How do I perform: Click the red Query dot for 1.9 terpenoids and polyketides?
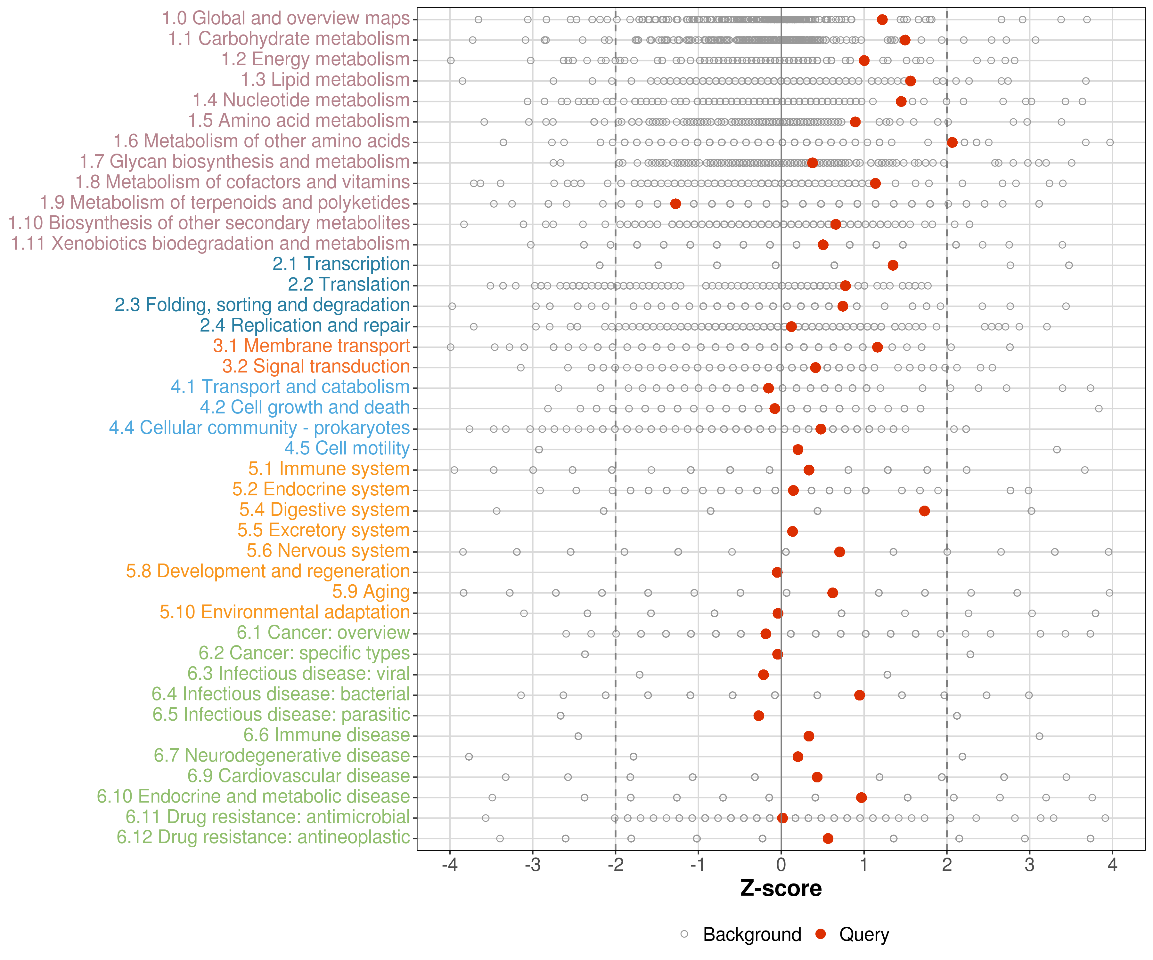(675, 204)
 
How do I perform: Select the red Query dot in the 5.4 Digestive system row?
(924, 511)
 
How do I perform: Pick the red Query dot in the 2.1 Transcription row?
(893, 265)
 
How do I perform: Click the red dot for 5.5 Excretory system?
(792, 531)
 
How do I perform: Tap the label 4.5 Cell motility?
(347, 448)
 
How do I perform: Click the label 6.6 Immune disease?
(327, 735)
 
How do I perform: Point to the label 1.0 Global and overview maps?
(285, 19)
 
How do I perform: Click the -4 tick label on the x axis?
(450, 865)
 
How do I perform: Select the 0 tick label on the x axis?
(781, 865)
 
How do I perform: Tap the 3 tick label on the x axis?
(1029, 865)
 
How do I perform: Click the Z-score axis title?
(781, 888)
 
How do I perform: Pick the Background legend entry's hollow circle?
(684, 934)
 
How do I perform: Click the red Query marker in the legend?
(821, 934)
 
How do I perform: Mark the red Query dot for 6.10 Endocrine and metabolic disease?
(861, 797)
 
